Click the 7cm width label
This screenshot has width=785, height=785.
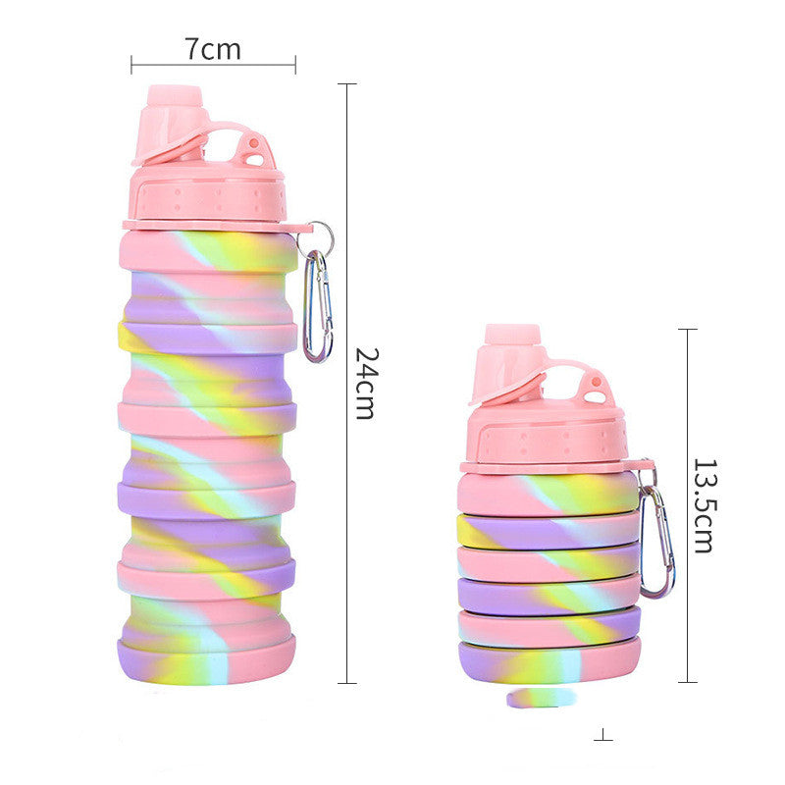tap(212, 48)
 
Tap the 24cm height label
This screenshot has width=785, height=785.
tap(365, 383)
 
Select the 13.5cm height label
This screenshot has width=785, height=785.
tap(703, 504)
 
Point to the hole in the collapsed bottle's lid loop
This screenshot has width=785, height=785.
tap(596, 386)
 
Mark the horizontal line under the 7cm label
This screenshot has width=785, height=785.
tap(213, 67)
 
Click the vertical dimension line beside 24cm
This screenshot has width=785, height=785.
tap(346, 383)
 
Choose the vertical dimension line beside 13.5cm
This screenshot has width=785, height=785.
tap(687, 504)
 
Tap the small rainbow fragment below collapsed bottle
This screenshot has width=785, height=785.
tap(538, 698)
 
